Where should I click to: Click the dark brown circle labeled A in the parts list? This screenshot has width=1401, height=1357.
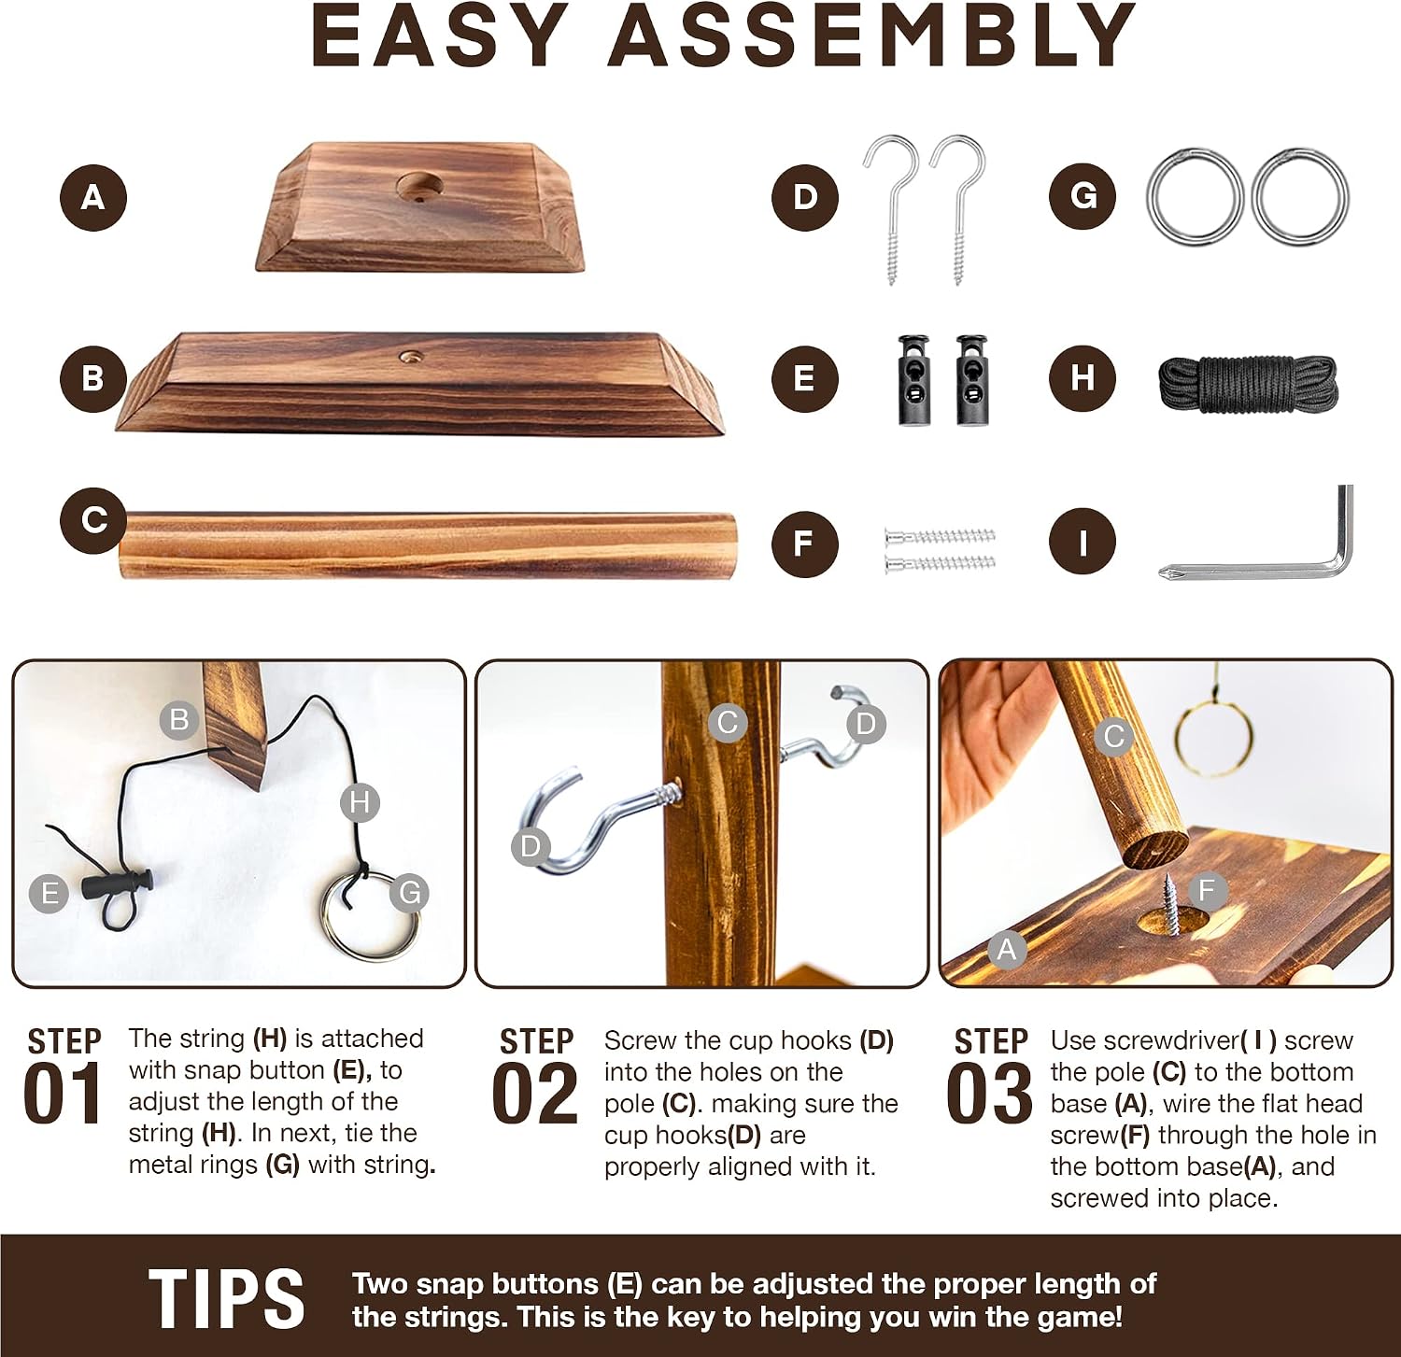click(93, 197)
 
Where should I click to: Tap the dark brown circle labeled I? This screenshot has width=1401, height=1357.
click(1083, 541)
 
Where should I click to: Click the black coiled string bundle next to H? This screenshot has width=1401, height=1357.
click(1248, 383)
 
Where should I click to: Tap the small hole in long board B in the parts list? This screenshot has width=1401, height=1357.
click(410, 357)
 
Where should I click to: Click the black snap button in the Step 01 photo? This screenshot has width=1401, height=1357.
click(117, 883)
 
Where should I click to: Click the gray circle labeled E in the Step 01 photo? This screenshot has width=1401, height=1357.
click(49, 894)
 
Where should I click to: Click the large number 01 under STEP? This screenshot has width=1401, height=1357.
click(63, 1092)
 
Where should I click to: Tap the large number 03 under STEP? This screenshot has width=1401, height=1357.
click(989, 1092)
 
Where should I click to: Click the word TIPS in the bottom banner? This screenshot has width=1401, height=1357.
click(227, 1298)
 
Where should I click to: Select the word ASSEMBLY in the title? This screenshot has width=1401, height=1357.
click(871, 35)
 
